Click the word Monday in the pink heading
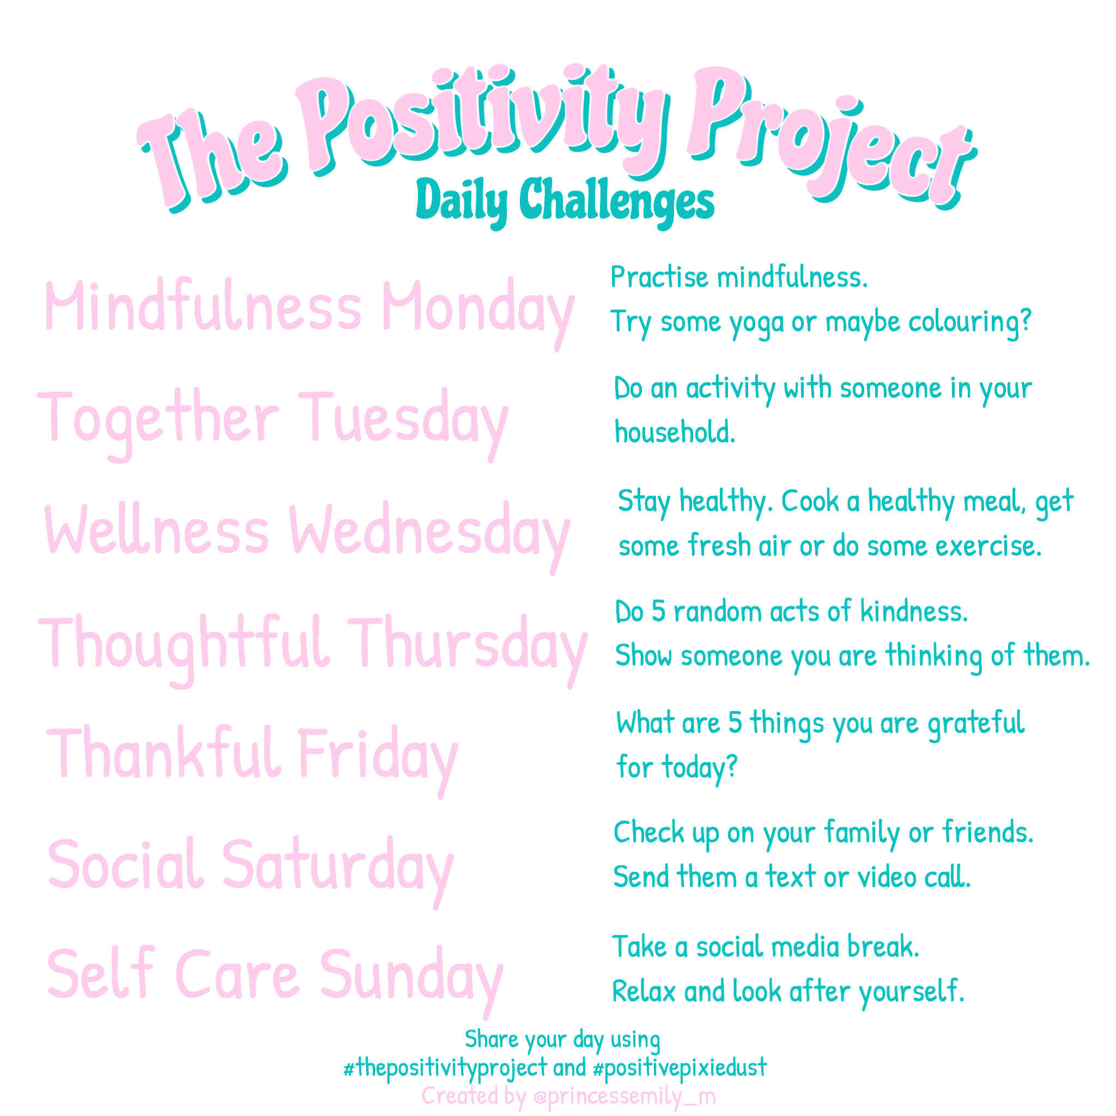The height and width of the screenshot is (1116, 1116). (x=477, y=309)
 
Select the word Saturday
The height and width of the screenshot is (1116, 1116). (x=337, y=867)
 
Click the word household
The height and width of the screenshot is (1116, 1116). (x=675, y=433)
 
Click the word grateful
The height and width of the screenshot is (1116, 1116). (x=975, y=724)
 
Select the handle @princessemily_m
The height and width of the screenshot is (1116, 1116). (x=624, y=1096)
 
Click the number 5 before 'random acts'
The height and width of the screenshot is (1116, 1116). (x=658, y=612)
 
